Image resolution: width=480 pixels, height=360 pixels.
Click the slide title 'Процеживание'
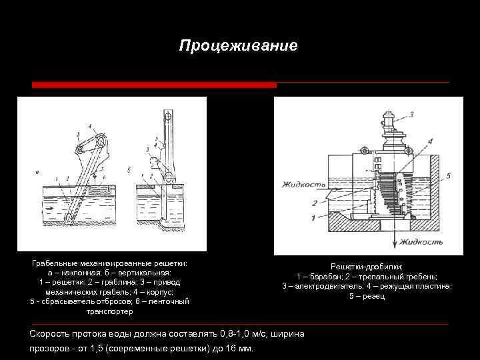[239, 46]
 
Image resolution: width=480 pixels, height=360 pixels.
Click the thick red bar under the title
[154, 85]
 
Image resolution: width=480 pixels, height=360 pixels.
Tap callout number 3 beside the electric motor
[411, 115]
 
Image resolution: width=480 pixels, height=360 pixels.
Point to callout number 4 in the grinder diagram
[429, 141]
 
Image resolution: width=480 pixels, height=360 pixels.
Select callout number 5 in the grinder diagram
[448, 176]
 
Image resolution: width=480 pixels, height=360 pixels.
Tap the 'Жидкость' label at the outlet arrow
[420, 244]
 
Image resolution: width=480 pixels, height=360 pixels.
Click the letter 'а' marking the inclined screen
[37, 171]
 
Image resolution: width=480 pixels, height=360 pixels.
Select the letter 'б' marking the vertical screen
[128, 171]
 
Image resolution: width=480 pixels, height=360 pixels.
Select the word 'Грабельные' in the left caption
[54, 263]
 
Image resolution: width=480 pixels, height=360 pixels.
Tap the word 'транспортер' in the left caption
[109, 311]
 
